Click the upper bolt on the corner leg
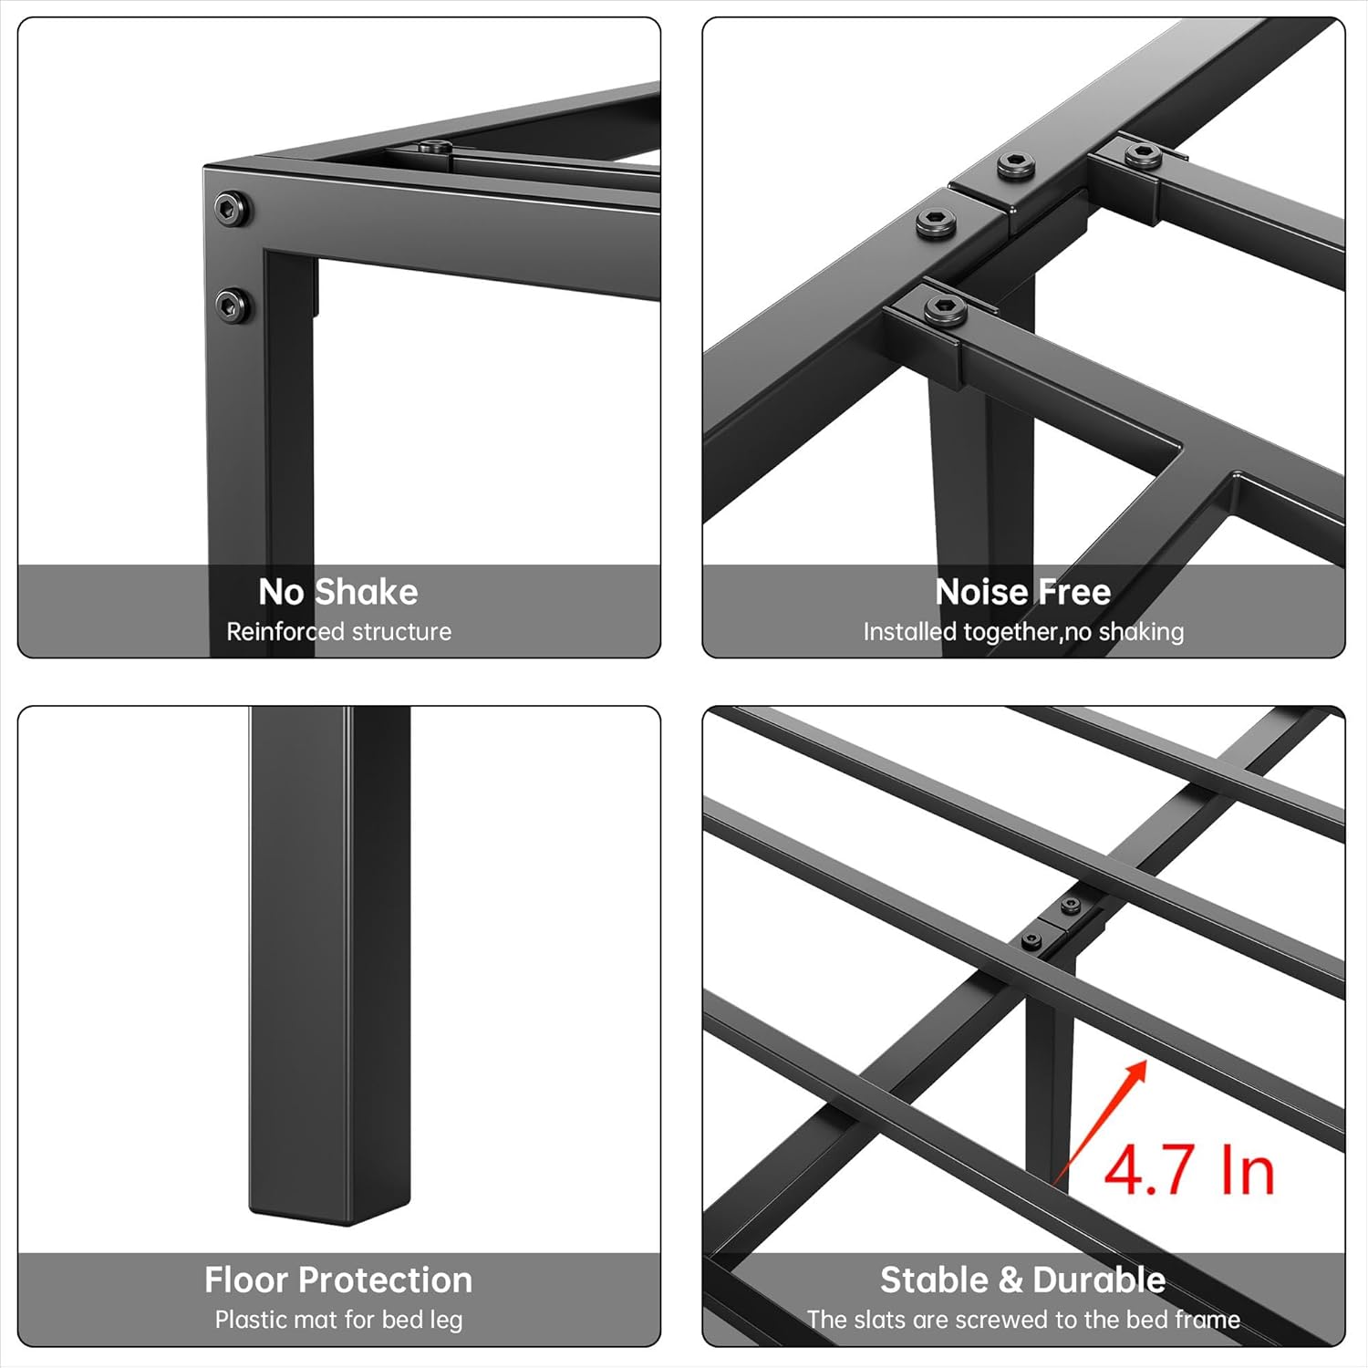click(x=232, y=209)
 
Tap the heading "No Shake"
click(x=338, y=592)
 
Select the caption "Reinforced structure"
click(x=338, y=632)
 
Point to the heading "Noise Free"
click(x=1022, y=592)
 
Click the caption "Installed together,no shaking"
click(x=1023, y=632)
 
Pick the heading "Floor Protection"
click(x=338, y=1280)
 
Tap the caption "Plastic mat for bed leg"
click(x=338, y=1320)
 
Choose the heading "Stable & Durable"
click(x=1022, y=1280)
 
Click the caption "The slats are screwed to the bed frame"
click(x=1023, y=1320)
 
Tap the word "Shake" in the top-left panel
click(x=366, y=592)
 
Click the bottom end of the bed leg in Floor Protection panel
click(x=329, y=1206)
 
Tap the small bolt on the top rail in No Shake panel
click(x=435, y=148)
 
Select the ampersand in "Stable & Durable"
click(x=1010, y=1280)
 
